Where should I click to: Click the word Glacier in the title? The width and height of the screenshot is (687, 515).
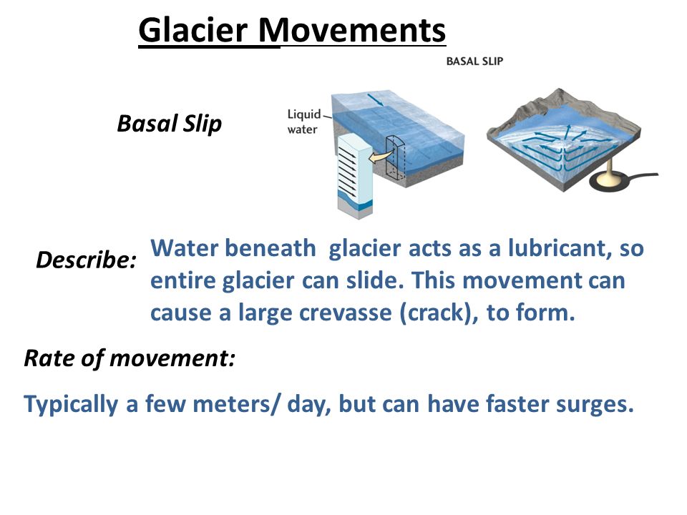point(193,30)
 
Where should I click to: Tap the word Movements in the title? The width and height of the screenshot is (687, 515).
point(352,30)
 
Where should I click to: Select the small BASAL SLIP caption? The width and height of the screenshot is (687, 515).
point(474,62)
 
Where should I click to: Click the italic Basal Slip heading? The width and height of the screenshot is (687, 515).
point(170,124)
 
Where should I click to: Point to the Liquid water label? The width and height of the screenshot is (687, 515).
point(303,122)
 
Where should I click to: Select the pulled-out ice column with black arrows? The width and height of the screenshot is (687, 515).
point(355,175)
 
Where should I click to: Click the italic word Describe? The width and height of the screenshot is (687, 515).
point(87,260)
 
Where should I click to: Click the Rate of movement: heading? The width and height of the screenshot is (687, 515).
point(130,358)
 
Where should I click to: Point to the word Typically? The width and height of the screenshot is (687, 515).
point(71,404)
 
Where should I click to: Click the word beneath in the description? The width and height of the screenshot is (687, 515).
point(271,248)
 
